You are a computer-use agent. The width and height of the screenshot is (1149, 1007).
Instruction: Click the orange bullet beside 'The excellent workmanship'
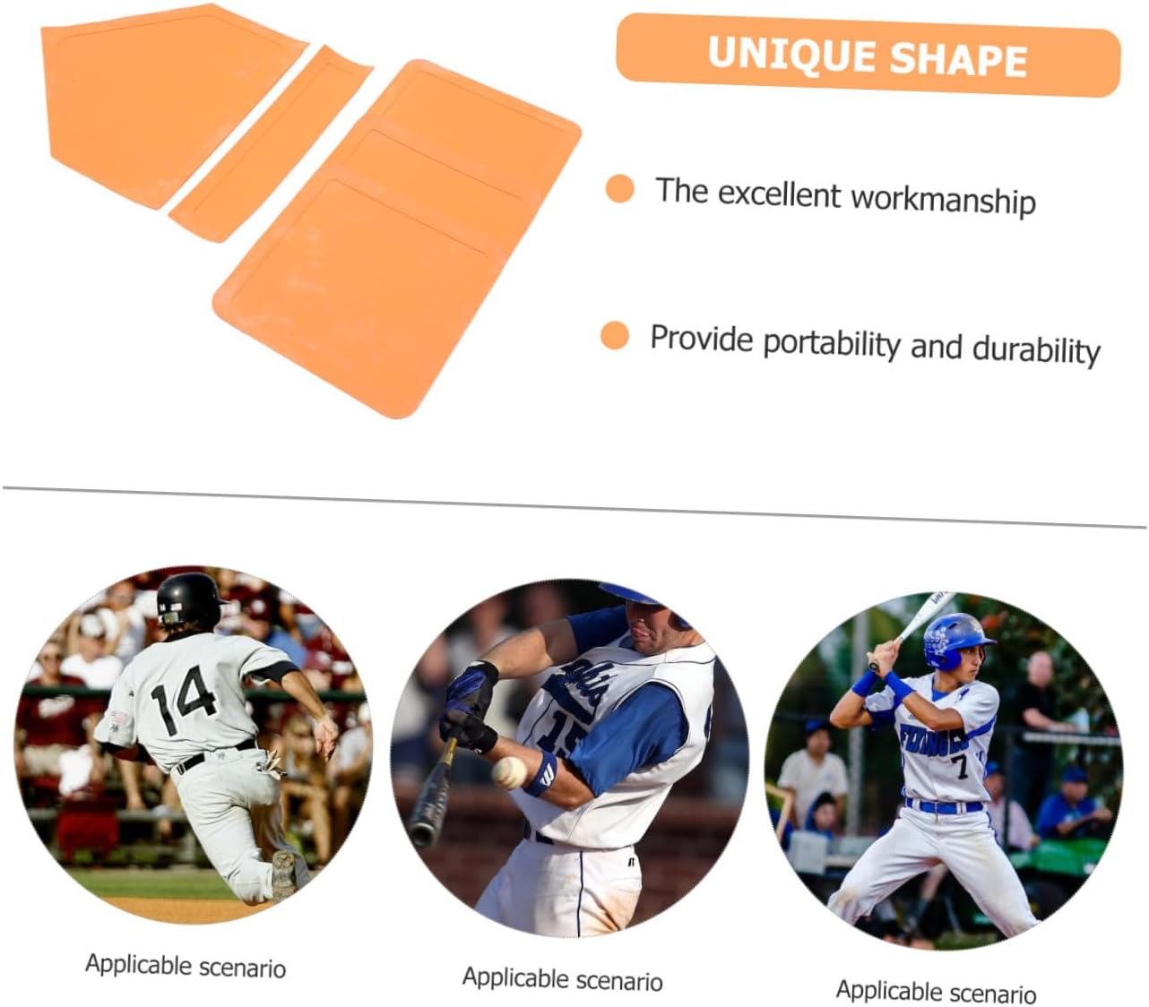[619, 189]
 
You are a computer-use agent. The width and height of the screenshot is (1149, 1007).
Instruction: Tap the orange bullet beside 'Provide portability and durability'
[615, 336]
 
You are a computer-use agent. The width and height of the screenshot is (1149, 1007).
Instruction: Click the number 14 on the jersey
[184, 698]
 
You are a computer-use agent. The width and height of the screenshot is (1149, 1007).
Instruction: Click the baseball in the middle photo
[509, 771]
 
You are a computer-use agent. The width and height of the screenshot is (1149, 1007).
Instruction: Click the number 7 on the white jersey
[960, 766]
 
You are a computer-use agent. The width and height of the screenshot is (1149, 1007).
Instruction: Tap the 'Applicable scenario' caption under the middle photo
[562, 978]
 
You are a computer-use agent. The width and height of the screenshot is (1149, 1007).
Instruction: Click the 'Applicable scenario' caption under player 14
[186, 966]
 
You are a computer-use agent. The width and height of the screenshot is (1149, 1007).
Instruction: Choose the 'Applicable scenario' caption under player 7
[936, 991]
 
